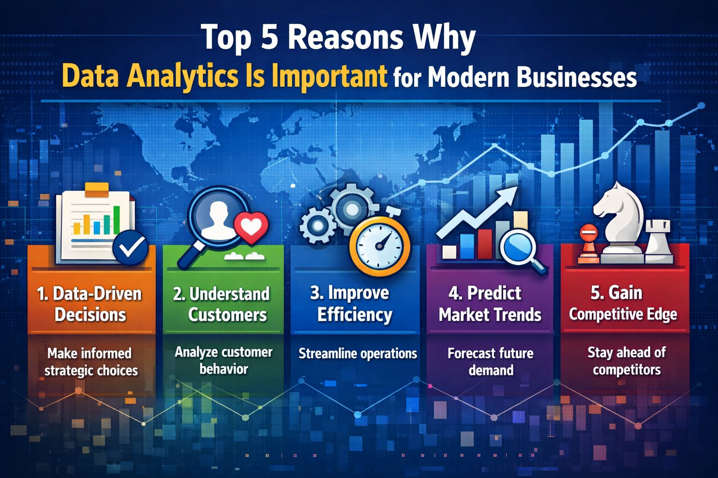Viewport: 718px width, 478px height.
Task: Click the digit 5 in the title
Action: [269, 37]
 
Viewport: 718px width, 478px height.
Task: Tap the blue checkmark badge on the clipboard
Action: [130, 247]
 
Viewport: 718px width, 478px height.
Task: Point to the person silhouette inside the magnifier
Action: [218, 219]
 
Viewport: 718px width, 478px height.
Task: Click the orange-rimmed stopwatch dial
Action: [380, 246]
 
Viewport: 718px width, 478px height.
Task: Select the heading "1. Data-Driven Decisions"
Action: [89, 304]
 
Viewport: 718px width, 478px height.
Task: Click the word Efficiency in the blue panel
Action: [355, 315]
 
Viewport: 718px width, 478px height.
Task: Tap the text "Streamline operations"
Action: [358, 353]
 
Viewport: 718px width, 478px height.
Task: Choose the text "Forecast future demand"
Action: [490, 362]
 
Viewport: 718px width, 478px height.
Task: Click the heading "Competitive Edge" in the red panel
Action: [623, 315]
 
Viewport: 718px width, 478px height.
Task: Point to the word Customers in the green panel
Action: [228, 315]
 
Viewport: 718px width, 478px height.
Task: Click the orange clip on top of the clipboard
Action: [96, 189]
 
